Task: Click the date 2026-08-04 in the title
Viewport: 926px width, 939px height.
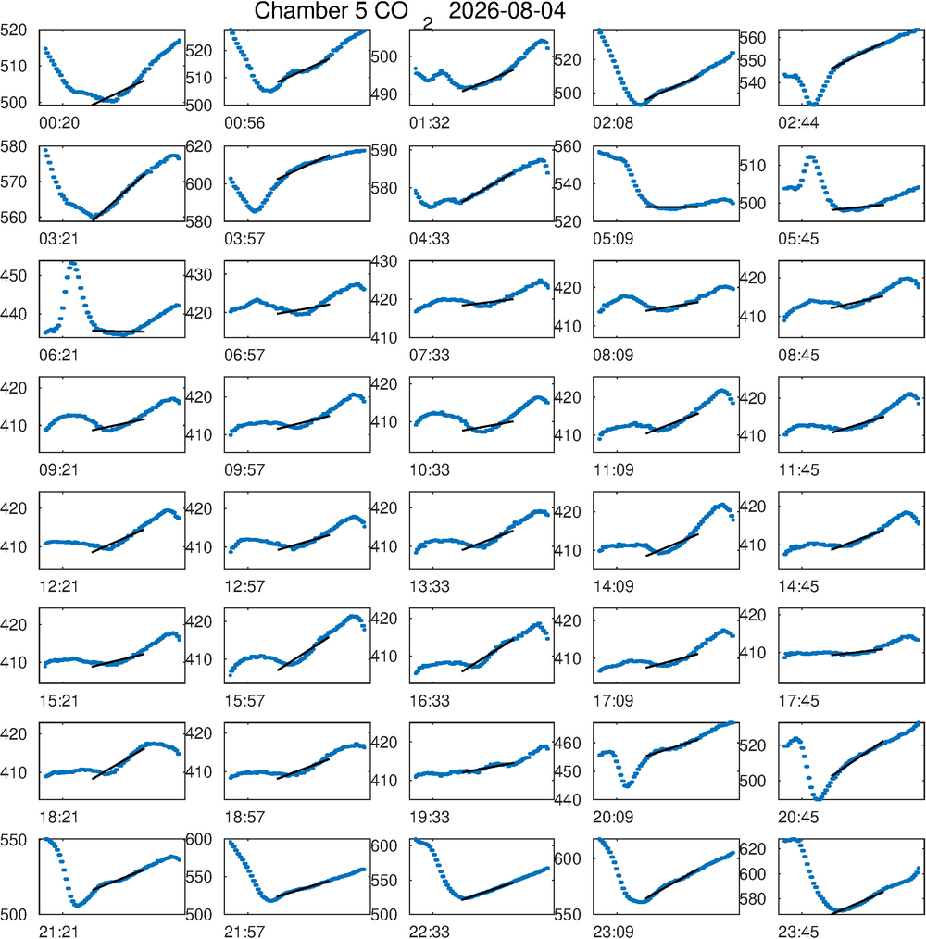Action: pyautogui.click(x=507, y=11)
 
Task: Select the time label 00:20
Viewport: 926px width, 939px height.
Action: pyautogui.click(x=59, y=123)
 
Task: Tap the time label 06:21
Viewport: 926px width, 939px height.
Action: pyautogui.click(x=59, y=355)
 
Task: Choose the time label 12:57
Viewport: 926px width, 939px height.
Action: pyautogui.click(x=244, y=586)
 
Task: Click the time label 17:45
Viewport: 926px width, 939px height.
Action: pyautogui.click(x=798, y=701)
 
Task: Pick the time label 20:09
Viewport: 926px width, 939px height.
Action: pyautogui.click(x=613, y=817)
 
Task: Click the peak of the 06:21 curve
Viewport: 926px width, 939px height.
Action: pyautogui.click(x=72, y=262)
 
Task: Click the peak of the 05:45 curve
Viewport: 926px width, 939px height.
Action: pyautogui.click(x=811, y=156)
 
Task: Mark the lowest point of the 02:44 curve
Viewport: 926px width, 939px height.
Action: pyautogui.click(x=812, y=105)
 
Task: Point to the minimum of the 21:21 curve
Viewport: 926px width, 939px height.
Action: pyautogui.click(x=77, y=905)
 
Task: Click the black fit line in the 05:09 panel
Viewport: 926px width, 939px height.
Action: pyautogui.click(x=671, y=207)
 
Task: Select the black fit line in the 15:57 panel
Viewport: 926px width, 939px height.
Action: pyautogui.click(x=303, y=654)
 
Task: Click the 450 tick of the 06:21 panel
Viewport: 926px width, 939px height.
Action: pyautogui.click(x=14, y=276)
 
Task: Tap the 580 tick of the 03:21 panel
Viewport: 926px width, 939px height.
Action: pyautogui.click(x=14, y=146)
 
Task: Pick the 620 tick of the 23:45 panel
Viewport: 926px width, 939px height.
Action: pyautogui.click(x=753, y=848)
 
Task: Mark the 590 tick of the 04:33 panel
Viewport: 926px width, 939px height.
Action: pyautogui.click(x=384, y=150)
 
